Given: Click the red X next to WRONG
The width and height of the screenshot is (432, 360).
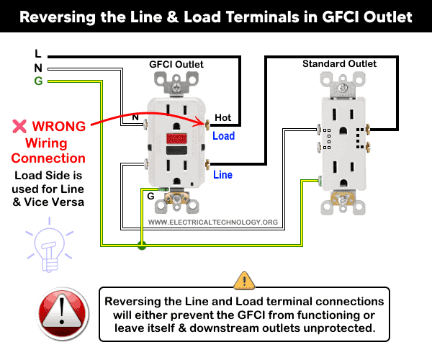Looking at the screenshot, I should pos(19,127).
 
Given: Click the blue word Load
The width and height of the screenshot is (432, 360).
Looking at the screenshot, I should pos(223,135).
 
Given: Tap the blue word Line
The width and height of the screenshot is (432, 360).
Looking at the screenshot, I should pos(223,174).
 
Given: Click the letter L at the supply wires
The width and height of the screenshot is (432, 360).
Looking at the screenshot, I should pos(37,53).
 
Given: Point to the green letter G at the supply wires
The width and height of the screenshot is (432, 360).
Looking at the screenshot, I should pos(37,81).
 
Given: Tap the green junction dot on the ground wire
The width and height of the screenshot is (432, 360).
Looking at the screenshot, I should pos(142,246).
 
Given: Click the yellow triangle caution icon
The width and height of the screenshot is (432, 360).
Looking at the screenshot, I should pos(244,279).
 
